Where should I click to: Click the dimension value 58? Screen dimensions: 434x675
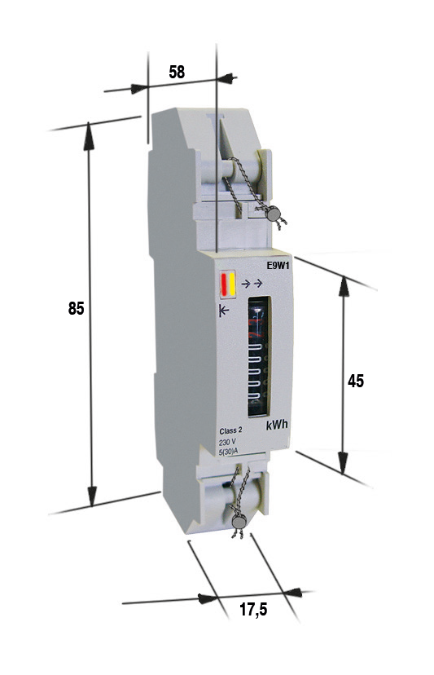(x=177, y=72)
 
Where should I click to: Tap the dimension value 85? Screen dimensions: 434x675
(x=76, y=308)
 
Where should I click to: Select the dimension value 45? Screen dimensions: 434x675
(x=355, y=381)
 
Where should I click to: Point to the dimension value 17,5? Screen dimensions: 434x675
(x=253, y=609)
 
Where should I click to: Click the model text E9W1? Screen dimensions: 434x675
(x=278, y=266)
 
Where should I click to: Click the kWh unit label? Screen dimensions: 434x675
(x=277, y=425)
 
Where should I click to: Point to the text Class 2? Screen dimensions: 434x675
(x=230, y=431)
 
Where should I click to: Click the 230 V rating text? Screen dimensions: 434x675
(x=227, y=443)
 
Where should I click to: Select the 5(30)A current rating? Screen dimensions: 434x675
(x=228, y=451)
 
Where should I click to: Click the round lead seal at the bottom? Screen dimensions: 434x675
(x=239, y=521)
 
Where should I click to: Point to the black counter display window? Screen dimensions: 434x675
(x=259, y=356)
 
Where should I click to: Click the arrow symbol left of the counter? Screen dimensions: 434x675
(x=224, y=311)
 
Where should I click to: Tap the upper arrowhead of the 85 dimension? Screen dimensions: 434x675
(x=89, y=135)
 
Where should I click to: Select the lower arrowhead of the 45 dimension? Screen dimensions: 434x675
(x=343, y=462)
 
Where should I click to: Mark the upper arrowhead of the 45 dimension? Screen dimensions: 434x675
(x=344, y=287)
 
